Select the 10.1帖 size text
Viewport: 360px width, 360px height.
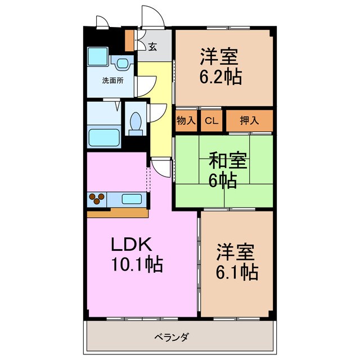(136, 263)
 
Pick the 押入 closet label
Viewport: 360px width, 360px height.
(249, 120)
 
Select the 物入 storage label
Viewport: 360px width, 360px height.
(186, 120)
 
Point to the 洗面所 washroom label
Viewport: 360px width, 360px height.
(112, 80)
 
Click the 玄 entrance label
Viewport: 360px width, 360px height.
(152, 47)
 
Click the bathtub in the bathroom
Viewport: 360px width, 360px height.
(103, 137)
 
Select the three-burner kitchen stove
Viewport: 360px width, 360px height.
(97, 199)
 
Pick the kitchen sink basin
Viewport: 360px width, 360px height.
(133, 198)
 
